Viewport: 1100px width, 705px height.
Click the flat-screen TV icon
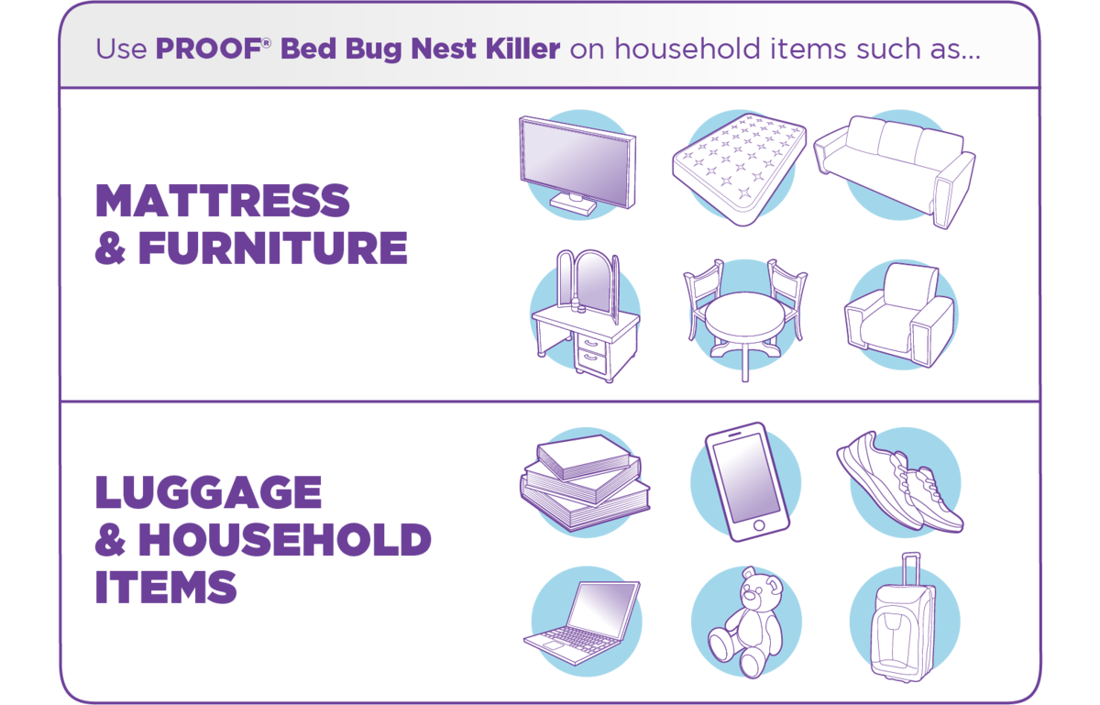tap(577, 166)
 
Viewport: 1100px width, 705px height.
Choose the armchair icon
tap(899, 315)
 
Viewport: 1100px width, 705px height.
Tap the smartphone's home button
tap(759, 525)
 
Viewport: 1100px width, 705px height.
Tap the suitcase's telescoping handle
tap(911, 570)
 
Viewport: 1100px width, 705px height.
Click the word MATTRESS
tap(223, 201)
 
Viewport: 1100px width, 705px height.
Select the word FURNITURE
tap(273, 248)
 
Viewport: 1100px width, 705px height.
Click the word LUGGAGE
tap(208, 491)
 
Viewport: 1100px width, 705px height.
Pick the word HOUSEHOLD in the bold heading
tap(285, 539)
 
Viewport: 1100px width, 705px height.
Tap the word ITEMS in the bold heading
tap(166, 587)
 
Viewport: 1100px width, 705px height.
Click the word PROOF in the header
tap(209, 49)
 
